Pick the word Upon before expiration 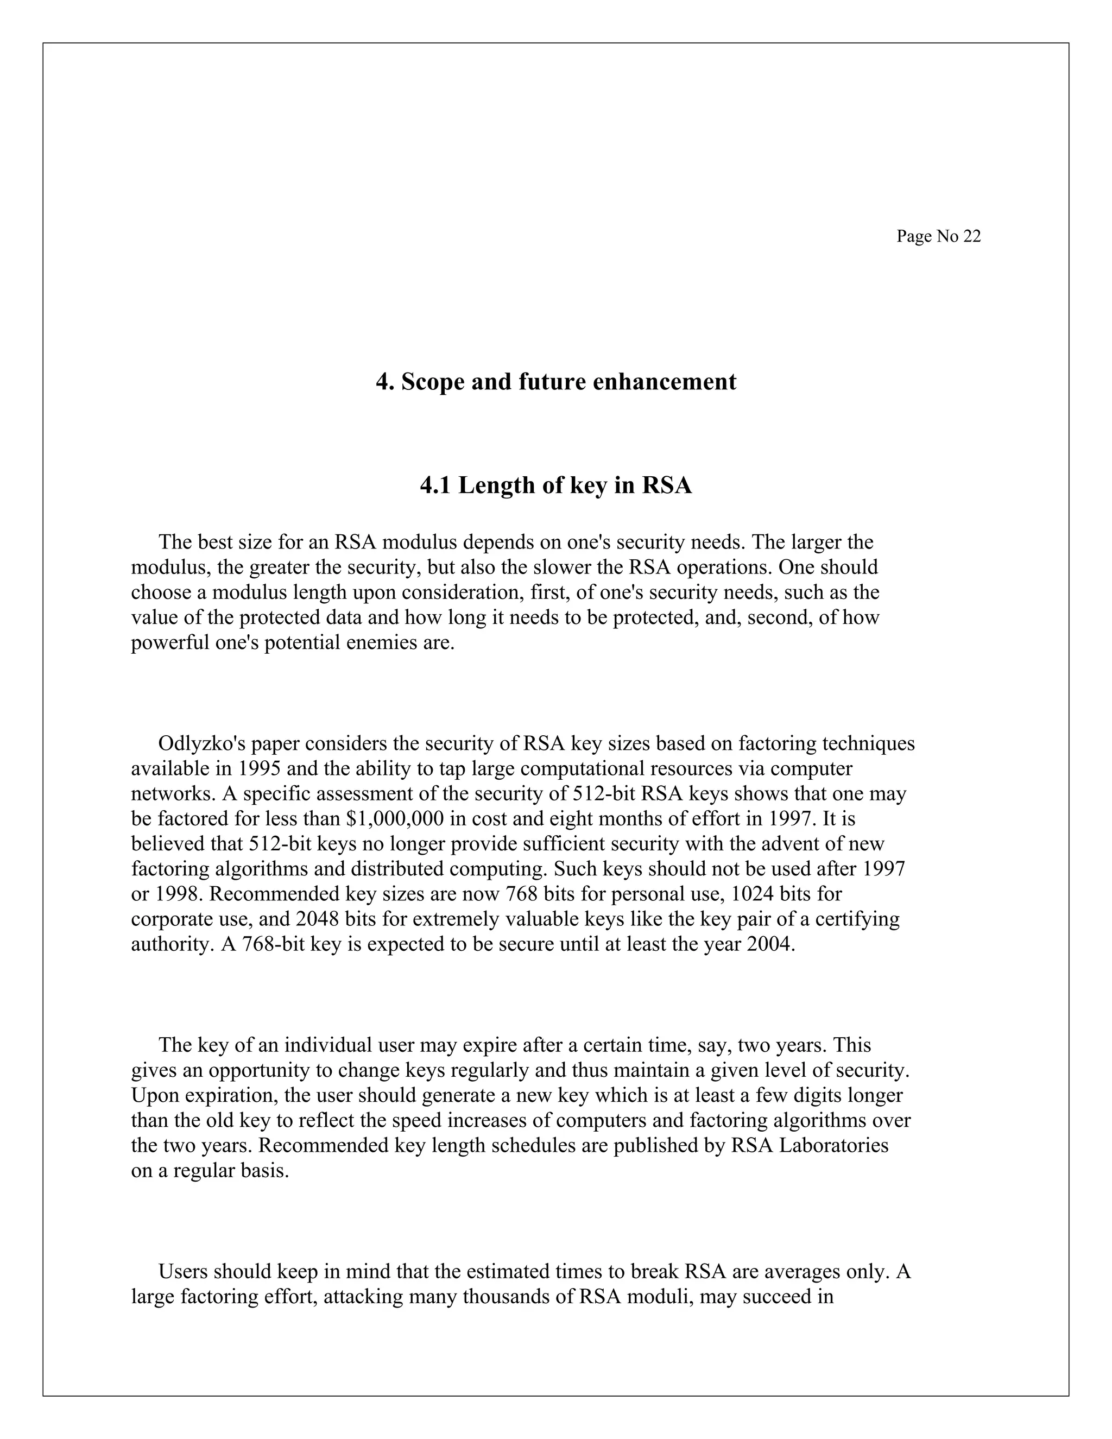coord(155,1096)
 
